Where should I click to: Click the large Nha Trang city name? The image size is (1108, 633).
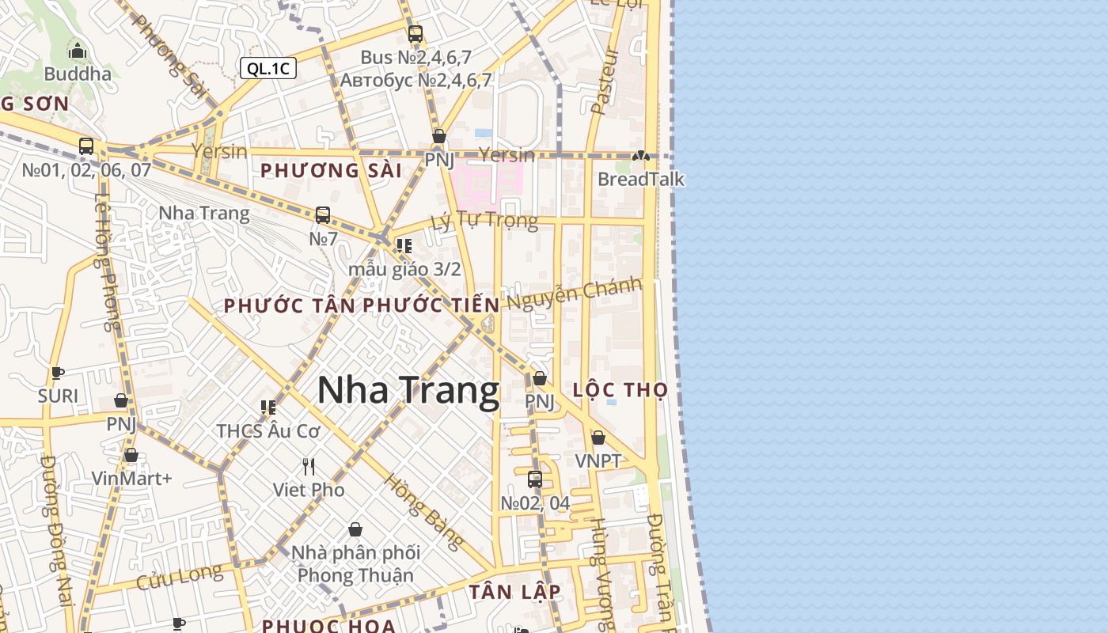[408, 391]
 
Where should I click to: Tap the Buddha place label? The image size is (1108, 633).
[78, 74]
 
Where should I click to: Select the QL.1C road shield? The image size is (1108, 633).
[268, 68]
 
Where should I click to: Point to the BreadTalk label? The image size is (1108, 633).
[640, 179]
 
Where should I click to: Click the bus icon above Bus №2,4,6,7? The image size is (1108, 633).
[415, 34]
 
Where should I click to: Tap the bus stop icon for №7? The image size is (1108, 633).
[323, 215]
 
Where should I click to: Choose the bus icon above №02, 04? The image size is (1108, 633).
[535, 479]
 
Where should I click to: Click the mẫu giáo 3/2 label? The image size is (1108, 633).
[404, 269]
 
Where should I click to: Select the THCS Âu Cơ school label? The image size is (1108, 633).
[268, 431]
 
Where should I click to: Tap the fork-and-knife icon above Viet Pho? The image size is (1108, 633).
[309, 467]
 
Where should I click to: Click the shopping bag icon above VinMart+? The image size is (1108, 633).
[131, 455]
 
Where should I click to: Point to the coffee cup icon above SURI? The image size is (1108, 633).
[57, 373]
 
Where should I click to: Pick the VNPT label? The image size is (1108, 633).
[598, 461]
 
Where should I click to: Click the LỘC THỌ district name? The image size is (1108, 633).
[620, 390]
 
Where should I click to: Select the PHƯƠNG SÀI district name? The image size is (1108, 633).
[331, 171]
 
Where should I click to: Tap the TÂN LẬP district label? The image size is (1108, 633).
[514, 592]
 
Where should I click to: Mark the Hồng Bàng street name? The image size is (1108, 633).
[423, 512]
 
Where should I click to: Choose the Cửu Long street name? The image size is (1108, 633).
[180, 577]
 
